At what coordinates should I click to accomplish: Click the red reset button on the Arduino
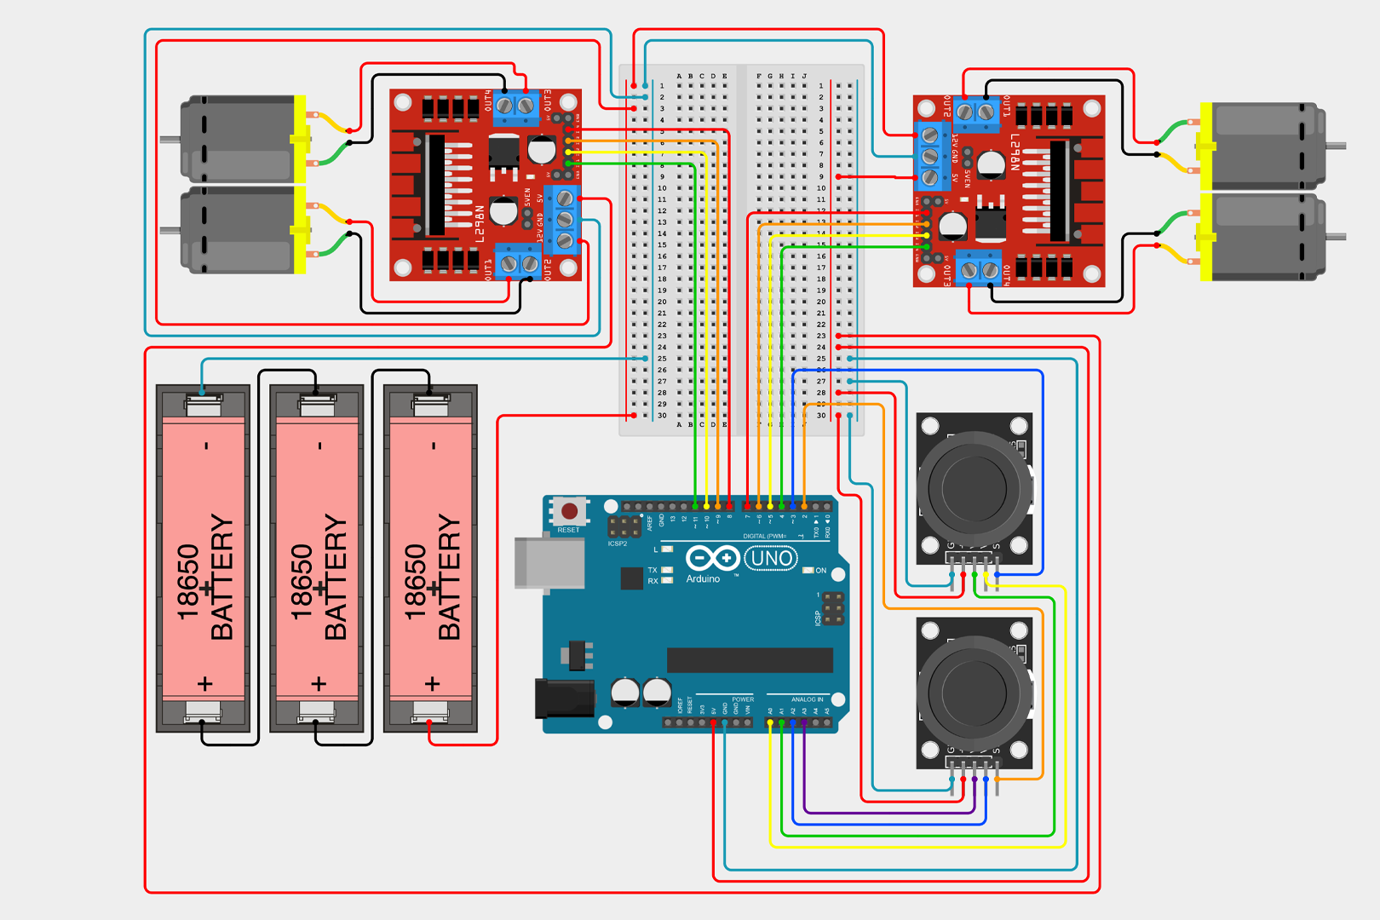(569, 511)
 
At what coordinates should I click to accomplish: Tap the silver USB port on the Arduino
(549, 562)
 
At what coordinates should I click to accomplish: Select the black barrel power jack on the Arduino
(564, 699)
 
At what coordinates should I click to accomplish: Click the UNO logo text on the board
(771, 559)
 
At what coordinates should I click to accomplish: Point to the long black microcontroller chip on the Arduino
(750, 660)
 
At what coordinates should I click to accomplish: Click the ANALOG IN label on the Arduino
(807, 699)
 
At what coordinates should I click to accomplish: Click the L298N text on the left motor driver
(480, 224)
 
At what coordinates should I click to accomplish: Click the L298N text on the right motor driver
(1015, 152)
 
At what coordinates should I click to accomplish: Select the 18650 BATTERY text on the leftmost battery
(204, 579)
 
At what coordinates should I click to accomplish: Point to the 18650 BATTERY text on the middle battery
(319, 579)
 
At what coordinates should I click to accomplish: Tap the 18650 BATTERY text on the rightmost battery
(432, 579)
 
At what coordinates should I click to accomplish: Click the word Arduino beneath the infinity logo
(703, 579)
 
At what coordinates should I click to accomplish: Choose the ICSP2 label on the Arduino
(618, 543)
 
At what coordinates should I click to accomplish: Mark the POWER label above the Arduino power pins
(743, 699)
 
